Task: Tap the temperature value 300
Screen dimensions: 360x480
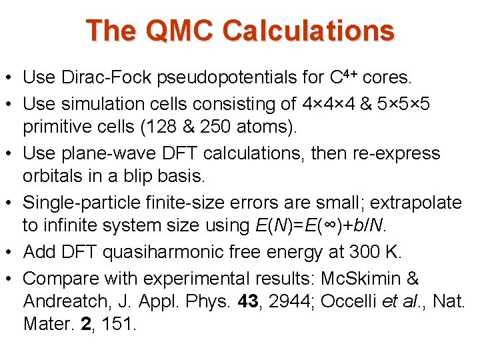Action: tap(367, 253)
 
